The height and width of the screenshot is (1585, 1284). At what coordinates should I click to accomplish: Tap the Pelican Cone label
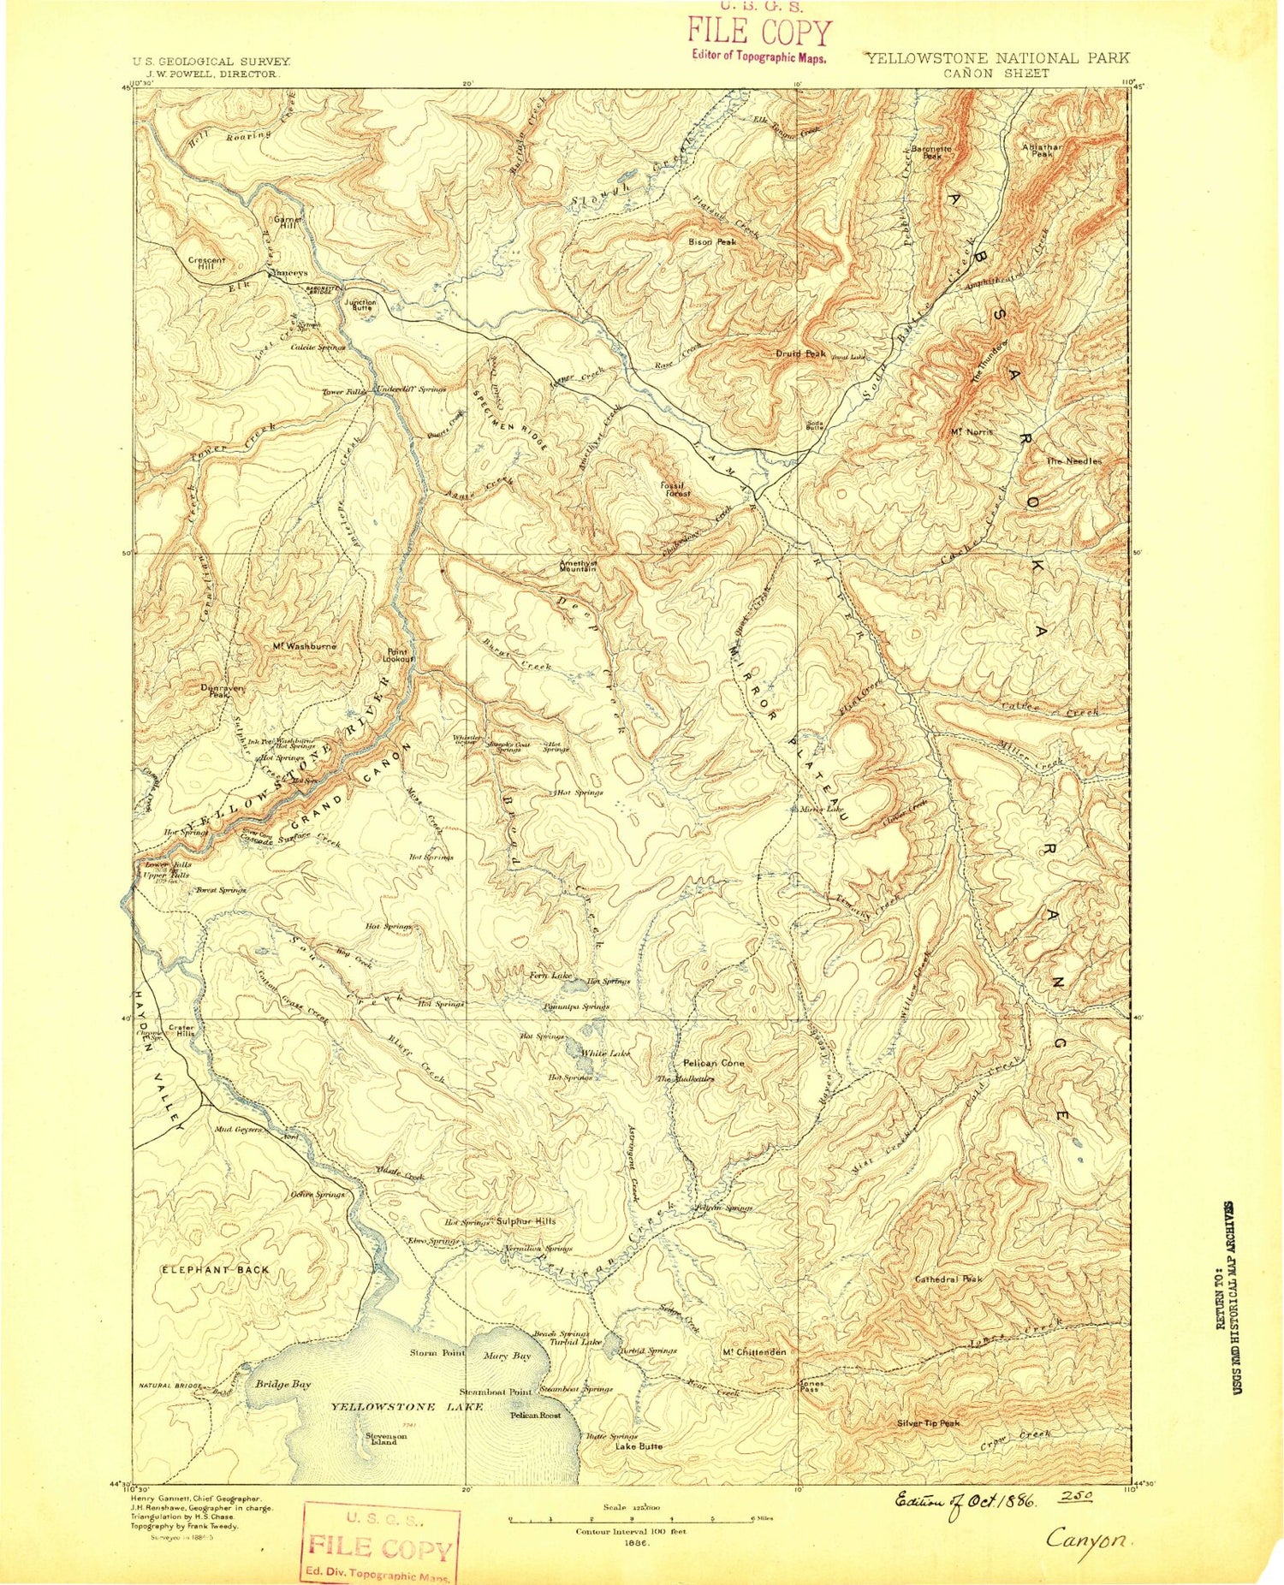pyautogui.click(x=714, y=1063)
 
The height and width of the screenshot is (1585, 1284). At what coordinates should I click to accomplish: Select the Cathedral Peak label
pyautogui.click(x=948, y=1279)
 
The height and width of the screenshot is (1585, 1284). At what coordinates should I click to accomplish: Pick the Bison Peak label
pyautogui.click(x=712, y=242)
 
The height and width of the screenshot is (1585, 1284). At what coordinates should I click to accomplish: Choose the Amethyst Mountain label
pyautogui.click(x=578, y=566)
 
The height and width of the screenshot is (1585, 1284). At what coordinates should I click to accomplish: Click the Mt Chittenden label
pyautogui.click(x=754, y=1351)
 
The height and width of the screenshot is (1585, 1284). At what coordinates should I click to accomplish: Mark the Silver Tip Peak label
pyautogui.click(x=928, y=1423)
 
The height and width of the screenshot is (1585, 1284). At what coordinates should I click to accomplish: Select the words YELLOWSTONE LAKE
pyautogui.click(x=407, y=1407)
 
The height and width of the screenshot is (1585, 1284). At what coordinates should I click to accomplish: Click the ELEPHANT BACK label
pyautogui.click(x=216, y=1270)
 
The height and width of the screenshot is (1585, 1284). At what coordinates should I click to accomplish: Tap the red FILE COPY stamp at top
pyautogui.click(x=759, y=34)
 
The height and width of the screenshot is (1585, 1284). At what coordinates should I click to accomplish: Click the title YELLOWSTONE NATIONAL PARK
pyautogui.click(x=996, y=58)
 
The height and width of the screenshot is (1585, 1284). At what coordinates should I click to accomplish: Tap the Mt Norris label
pyautogui.click(x=972, y=432)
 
